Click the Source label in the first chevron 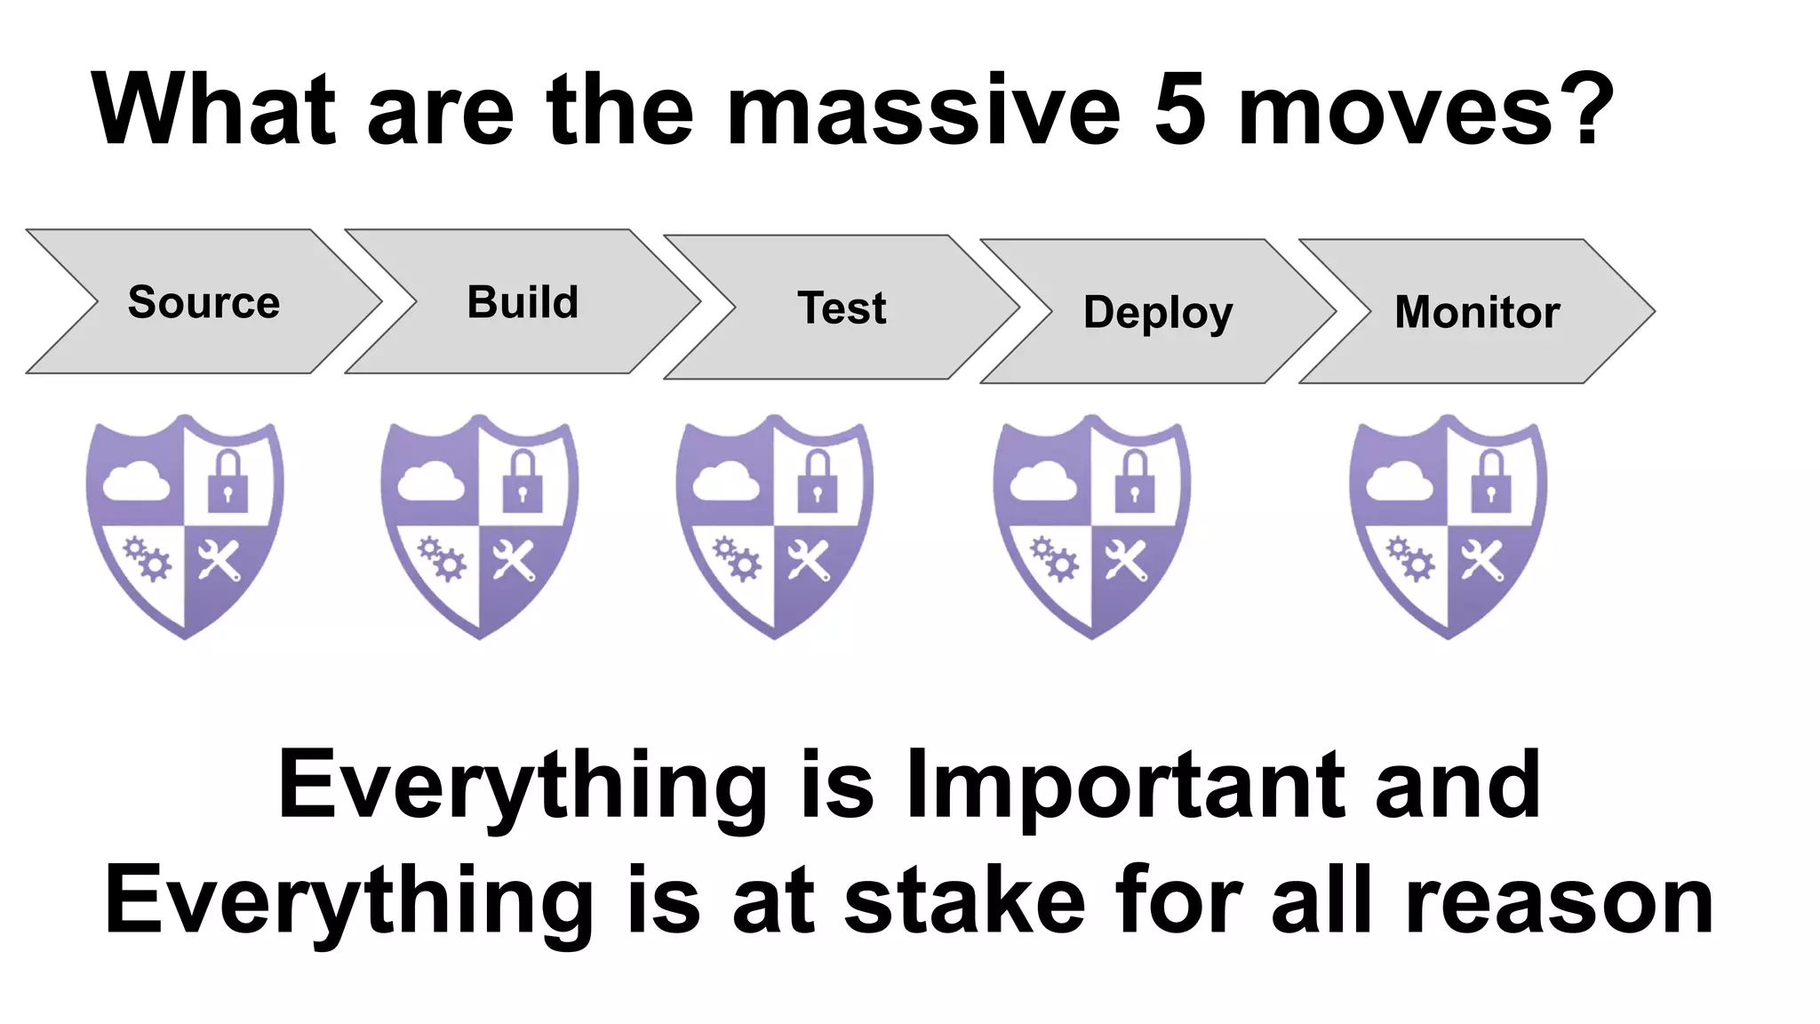(x=204, y=302)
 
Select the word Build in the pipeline (x=523, y=302)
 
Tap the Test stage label (x=842, y=308)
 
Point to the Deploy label (x=1158, y=313)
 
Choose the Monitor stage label (x=1477, y=312)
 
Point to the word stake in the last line (x=964, y=900)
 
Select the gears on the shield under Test (x=737, y=558)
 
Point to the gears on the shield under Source (x=147, y=558)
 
